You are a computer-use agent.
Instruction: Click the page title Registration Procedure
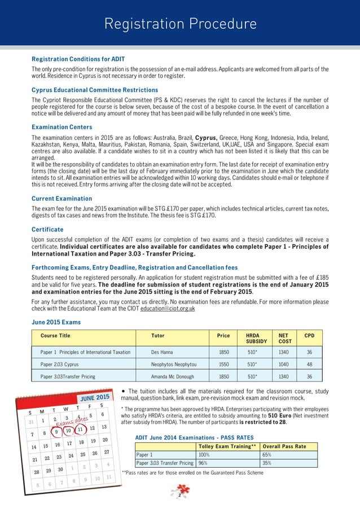180,24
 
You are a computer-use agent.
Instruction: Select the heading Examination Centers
62,128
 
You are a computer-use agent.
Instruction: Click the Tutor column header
158,335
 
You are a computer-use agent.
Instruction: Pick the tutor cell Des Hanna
163,352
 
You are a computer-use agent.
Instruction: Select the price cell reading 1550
223,365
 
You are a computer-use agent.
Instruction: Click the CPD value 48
309,365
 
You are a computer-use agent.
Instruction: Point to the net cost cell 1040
283,365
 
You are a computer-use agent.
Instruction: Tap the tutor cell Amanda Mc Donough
173,376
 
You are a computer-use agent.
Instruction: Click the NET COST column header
283,339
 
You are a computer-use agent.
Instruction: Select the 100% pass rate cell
204,454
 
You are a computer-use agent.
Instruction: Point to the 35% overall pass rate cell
267,463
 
